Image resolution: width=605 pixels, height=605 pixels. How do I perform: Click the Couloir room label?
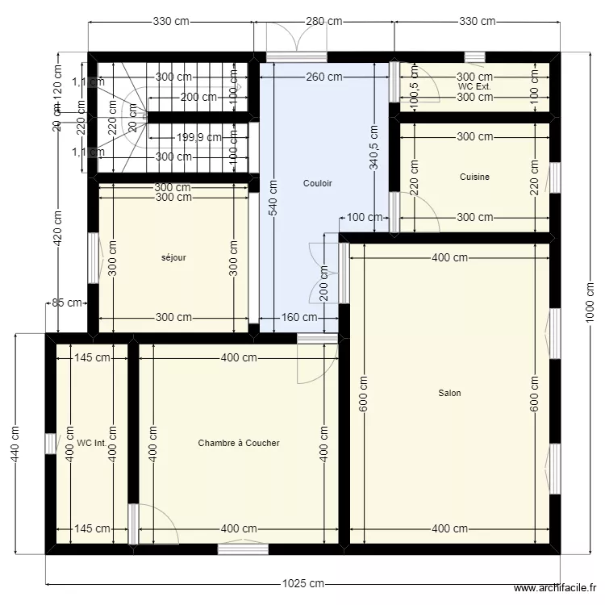[x=317, y=183]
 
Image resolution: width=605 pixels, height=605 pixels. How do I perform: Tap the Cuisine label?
[x=474, y=177]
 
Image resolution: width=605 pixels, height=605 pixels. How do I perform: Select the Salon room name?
[x=449, y=393]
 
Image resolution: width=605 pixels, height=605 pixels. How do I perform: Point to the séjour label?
[x=173, y=258]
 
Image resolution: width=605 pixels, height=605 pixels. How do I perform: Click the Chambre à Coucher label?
[x=239, y=443]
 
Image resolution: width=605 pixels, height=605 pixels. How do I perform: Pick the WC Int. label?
[x=93, y=443]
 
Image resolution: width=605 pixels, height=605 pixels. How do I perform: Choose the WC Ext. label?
[x=474, y=86]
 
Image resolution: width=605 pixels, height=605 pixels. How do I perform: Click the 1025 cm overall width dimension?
[x=302, y=583]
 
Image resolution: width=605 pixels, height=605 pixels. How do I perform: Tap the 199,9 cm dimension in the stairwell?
[x=198, y=137]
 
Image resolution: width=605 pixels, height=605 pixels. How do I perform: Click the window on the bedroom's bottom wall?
[x=243, y=549]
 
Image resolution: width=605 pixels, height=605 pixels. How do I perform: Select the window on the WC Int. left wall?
[x=51, y=444]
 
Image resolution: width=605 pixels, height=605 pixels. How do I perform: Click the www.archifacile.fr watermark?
[x=556, y=589]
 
